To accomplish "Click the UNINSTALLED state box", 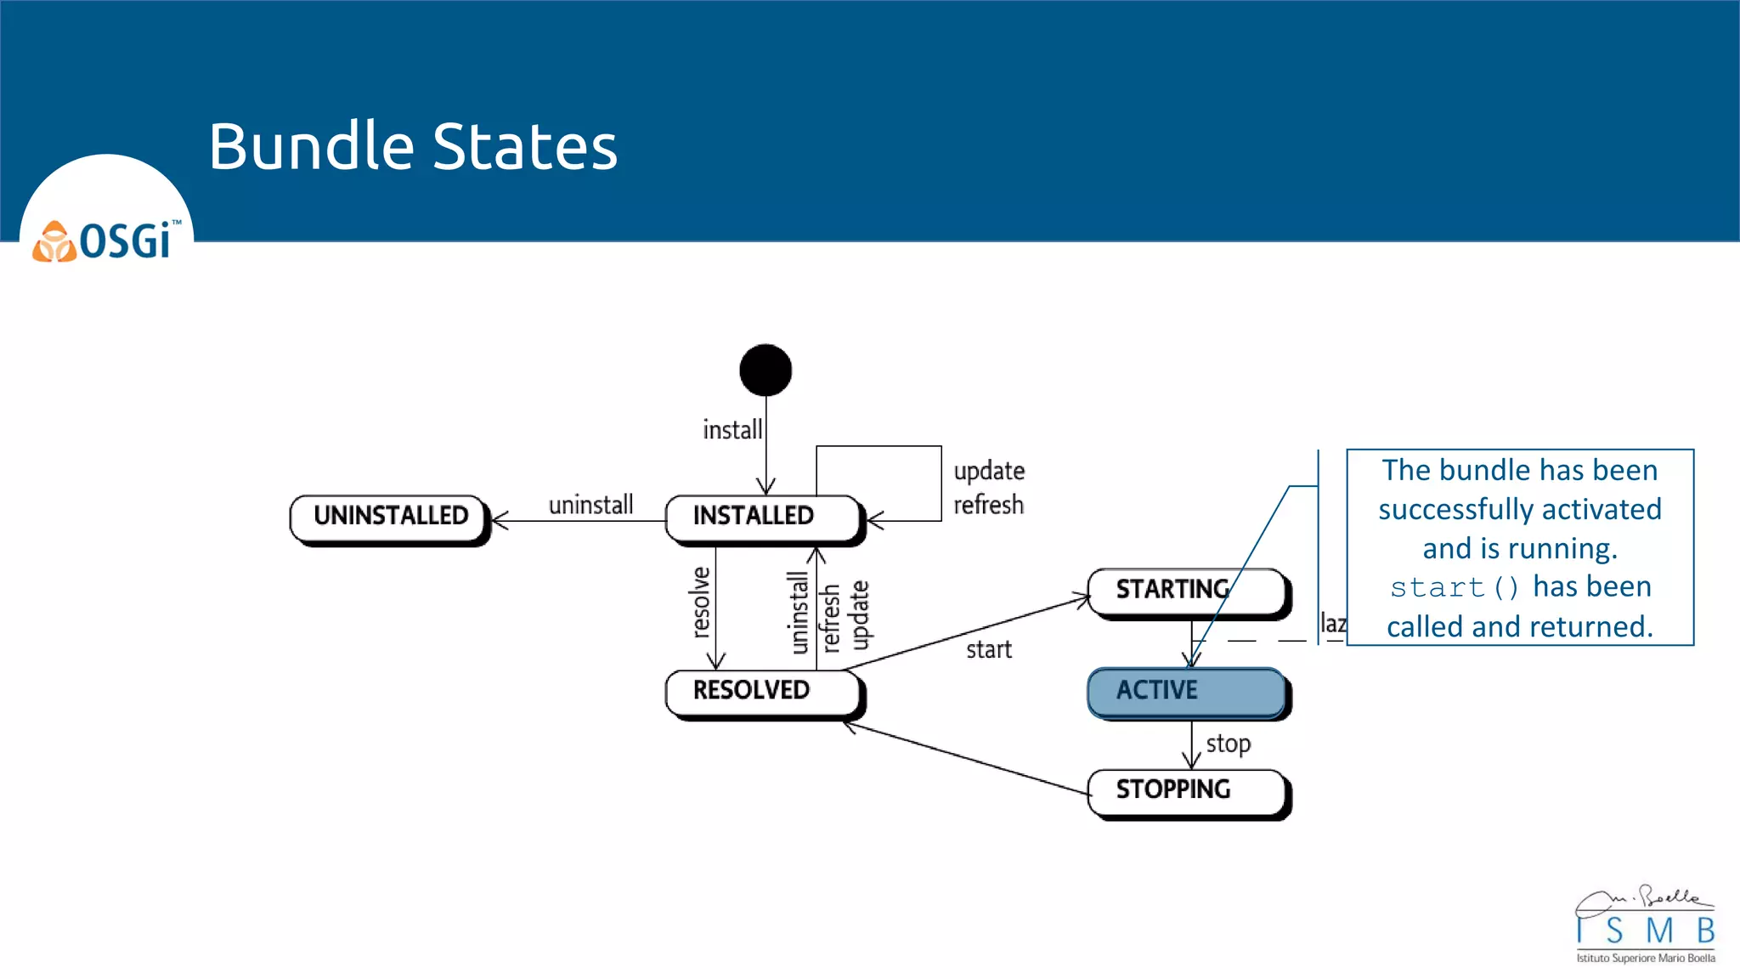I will [390, 517].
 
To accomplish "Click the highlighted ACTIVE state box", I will [1185, 691].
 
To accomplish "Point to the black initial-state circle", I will [765, 370].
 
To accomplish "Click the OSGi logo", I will [106, 241].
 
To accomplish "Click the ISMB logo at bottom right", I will [1645, 925].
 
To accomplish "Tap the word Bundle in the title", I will [311, 146].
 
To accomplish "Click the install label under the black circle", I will [732, 430].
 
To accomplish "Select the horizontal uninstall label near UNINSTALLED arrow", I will [590, 505].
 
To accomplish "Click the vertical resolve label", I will [700, 602].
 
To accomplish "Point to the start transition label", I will [989, 650].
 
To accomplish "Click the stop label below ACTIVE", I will [1228, 744].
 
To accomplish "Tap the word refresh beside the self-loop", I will [988, 505].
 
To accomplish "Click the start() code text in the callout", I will [1454, 587].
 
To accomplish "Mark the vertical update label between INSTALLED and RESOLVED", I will [860, 614].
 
